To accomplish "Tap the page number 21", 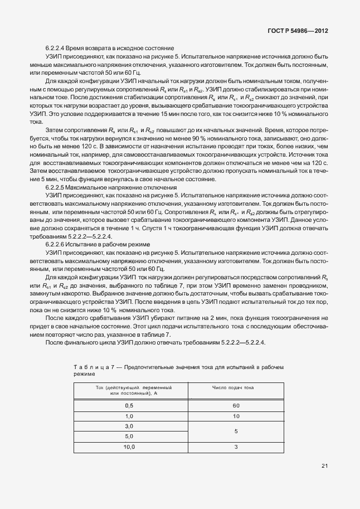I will click(x=324, y=466).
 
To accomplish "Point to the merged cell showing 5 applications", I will click(x=236, y=432).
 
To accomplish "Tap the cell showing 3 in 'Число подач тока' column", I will click(x=236, y=447).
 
